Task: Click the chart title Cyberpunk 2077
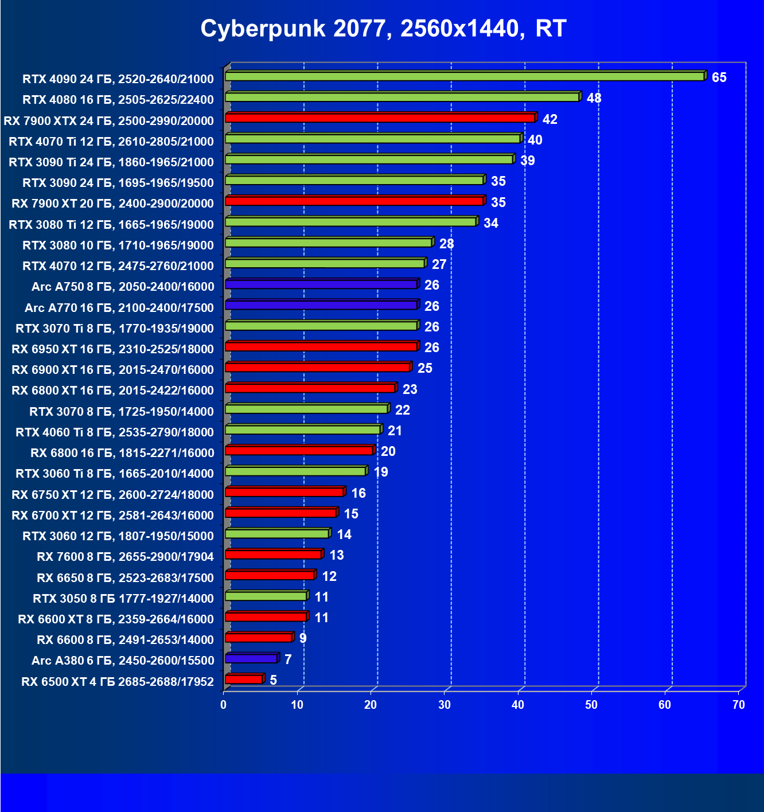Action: (x=383, y=28)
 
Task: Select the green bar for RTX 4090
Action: (x=465, y=76)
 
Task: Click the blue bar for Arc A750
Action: (x=321, y=284)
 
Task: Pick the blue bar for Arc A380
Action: (x=251, y=659)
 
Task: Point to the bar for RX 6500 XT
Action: (x=244, y=680)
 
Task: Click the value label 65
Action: (x=719, y=77)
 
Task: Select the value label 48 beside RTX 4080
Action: (x=594, y=98)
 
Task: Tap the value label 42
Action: (x=549, y=119)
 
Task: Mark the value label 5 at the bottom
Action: (x=273, y=680)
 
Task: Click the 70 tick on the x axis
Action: (x=739, y=705)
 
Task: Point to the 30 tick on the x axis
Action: (x=445, y=705)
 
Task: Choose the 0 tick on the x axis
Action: (x=224, y=705)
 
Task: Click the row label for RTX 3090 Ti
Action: (x=111, y=162)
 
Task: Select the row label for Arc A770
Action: (x=119, y=308)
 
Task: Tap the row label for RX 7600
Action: (x=125, y=557)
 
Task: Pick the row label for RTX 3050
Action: (x=123, y=599)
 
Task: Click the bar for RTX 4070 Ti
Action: (x=373, y=139)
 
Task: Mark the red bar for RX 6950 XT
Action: (x=321, y=347)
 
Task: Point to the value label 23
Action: (x=410, y=389)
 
